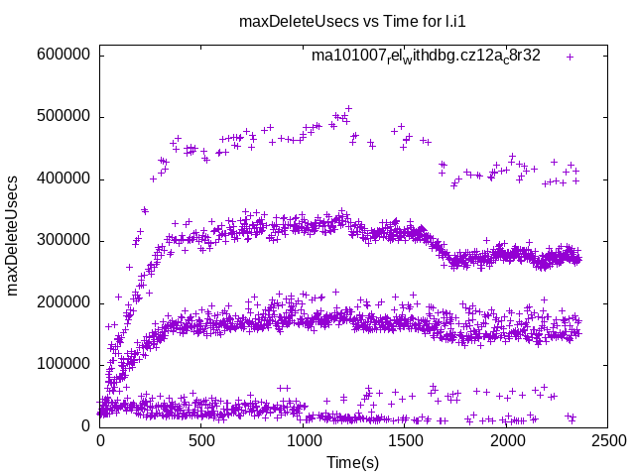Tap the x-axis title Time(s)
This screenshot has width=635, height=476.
[354, 462]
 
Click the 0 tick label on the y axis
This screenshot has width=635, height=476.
[87, 425]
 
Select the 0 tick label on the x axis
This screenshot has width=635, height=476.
[100, 439]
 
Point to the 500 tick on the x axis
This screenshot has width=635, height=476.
[201, 439]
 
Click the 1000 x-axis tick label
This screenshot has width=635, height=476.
[304, 439]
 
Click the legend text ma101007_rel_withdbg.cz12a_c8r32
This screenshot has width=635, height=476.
[426, 57]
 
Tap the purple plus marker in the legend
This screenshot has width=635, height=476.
[570, 57]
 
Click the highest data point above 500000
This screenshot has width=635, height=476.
[348, 108]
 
